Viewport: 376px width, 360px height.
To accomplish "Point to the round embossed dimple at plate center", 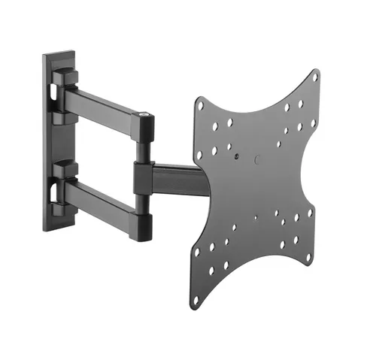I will [256, 160].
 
